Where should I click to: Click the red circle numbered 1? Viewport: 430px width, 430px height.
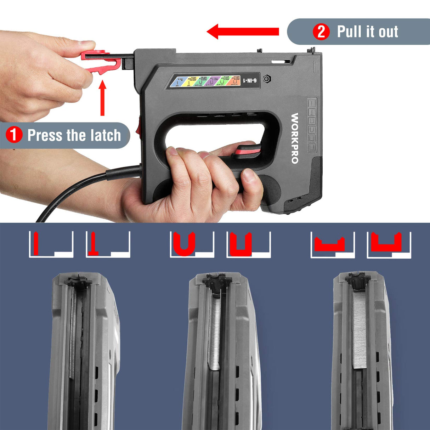[x=14, y=135]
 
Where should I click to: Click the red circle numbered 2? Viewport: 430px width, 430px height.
[x=321, y=32]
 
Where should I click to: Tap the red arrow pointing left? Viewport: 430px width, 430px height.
[x=242, y=32]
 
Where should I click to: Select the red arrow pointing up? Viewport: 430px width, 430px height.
[x=103, y=97]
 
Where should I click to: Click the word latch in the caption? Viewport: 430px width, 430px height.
[x=105, y=135]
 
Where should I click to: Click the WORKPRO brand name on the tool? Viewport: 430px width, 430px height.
[x=294, y=138]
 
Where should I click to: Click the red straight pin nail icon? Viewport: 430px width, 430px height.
[x=36, y=243]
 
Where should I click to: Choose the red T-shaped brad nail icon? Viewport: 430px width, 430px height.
[x=94, y=244]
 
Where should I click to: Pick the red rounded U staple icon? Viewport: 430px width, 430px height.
[x=184, y=244]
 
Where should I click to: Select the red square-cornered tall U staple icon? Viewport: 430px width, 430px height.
[x=241, y=244]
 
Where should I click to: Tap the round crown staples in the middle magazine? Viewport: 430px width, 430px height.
[x=215, y=329]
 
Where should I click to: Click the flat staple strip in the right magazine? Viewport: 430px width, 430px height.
[x=359, y=329]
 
